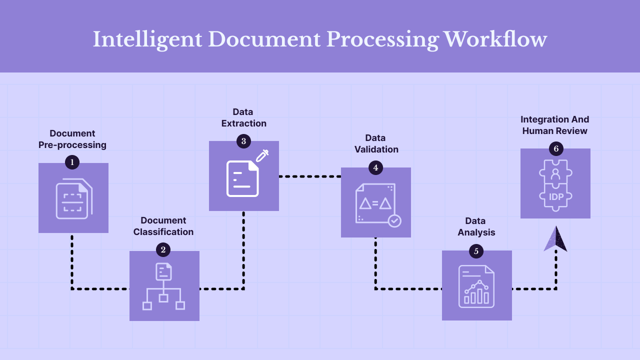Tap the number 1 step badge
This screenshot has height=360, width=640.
(72, 161)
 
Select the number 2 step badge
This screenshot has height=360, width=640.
(163, 249)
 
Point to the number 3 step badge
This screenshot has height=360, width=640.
(243, 141)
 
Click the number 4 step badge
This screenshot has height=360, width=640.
(375, 167)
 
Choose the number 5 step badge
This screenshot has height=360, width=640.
(476, 251)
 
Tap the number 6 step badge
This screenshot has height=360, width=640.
(555, 148)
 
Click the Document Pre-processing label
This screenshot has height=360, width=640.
(72, 139)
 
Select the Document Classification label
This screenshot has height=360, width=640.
(163, 226)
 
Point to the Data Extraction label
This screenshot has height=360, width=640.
(243, 117)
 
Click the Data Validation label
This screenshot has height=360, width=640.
(376, 143)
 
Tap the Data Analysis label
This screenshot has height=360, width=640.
(476, 226)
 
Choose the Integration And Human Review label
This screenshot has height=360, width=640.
(555, 125)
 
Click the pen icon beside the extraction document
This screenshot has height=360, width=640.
(262, 155)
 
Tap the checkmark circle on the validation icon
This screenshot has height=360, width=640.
(394, 220)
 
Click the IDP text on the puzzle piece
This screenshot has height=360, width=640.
(556, 197)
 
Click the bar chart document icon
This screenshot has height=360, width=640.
(476, 286)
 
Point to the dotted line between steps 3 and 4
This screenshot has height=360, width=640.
(310, 176)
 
